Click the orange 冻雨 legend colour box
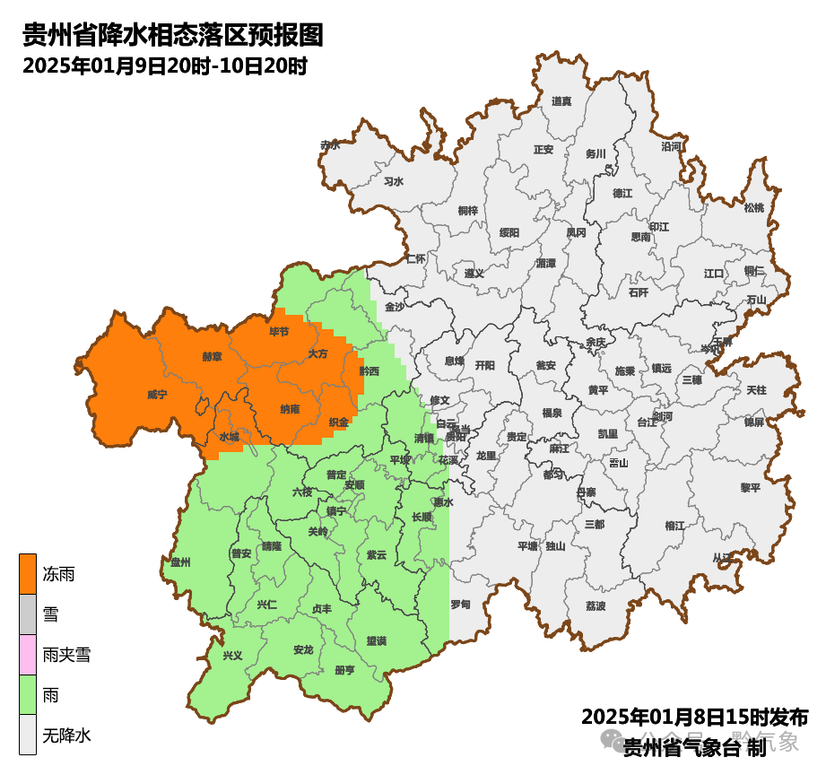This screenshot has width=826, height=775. (28, 574)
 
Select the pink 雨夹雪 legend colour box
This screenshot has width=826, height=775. (28, 655)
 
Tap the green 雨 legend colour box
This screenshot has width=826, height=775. (28, 695)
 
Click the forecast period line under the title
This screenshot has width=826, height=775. (165, 66)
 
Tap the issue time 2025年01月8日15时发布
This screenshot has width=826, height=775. (694, 717)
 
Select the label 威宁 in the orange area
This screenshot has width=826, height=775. (157, 395)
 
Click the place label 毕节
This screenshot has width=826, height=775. (279, 332)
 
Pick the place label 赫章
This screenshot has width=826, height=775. (213, 356)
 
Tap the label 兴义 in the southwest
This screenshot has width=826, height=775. (232, 655)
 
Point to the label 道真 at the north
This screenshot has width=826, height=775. (561, 101)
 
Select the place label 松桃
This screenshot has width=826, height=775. (754, 208)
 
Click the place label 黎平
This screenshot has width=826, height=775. (750, 487)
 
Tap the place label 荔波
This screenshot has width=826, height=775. (596, 606)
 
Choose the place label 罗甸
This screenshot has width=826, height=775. (460, 605)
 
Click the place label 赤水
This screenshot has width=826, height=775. (330, 145)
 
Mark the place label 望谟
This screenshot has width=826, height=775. (376, 640)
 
